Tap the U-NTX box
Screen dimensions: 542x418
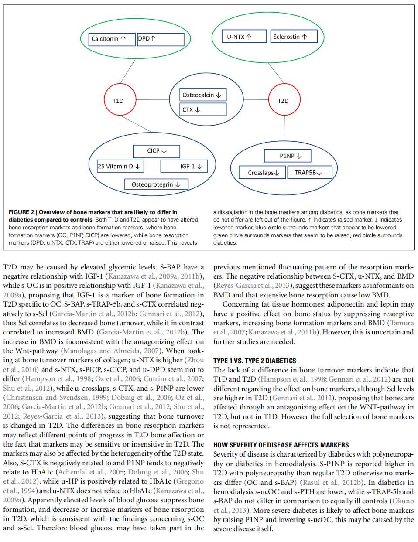(244, 37)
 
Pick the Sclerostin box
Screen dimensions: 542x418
(294, 37)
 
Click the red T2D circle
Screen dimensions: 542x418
(284, 100)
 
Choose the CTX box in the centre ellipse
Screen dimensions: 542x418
(203, 109)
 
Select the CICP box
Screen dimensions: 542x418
(157, 151)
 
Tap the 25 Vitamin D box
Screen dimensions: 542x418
(120, 166)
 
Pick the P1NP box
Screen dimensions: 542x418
(288, 156)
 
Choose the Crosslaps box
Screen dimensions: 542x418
(262, 173)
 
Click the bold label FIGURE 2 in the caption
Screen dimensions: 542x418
(21, 212)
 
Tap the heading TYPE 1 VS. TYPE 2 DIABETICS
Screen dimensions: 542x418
(254, 361)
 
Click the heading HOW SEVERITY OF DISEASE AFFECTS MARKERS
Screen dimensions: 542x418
(281, 445)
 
